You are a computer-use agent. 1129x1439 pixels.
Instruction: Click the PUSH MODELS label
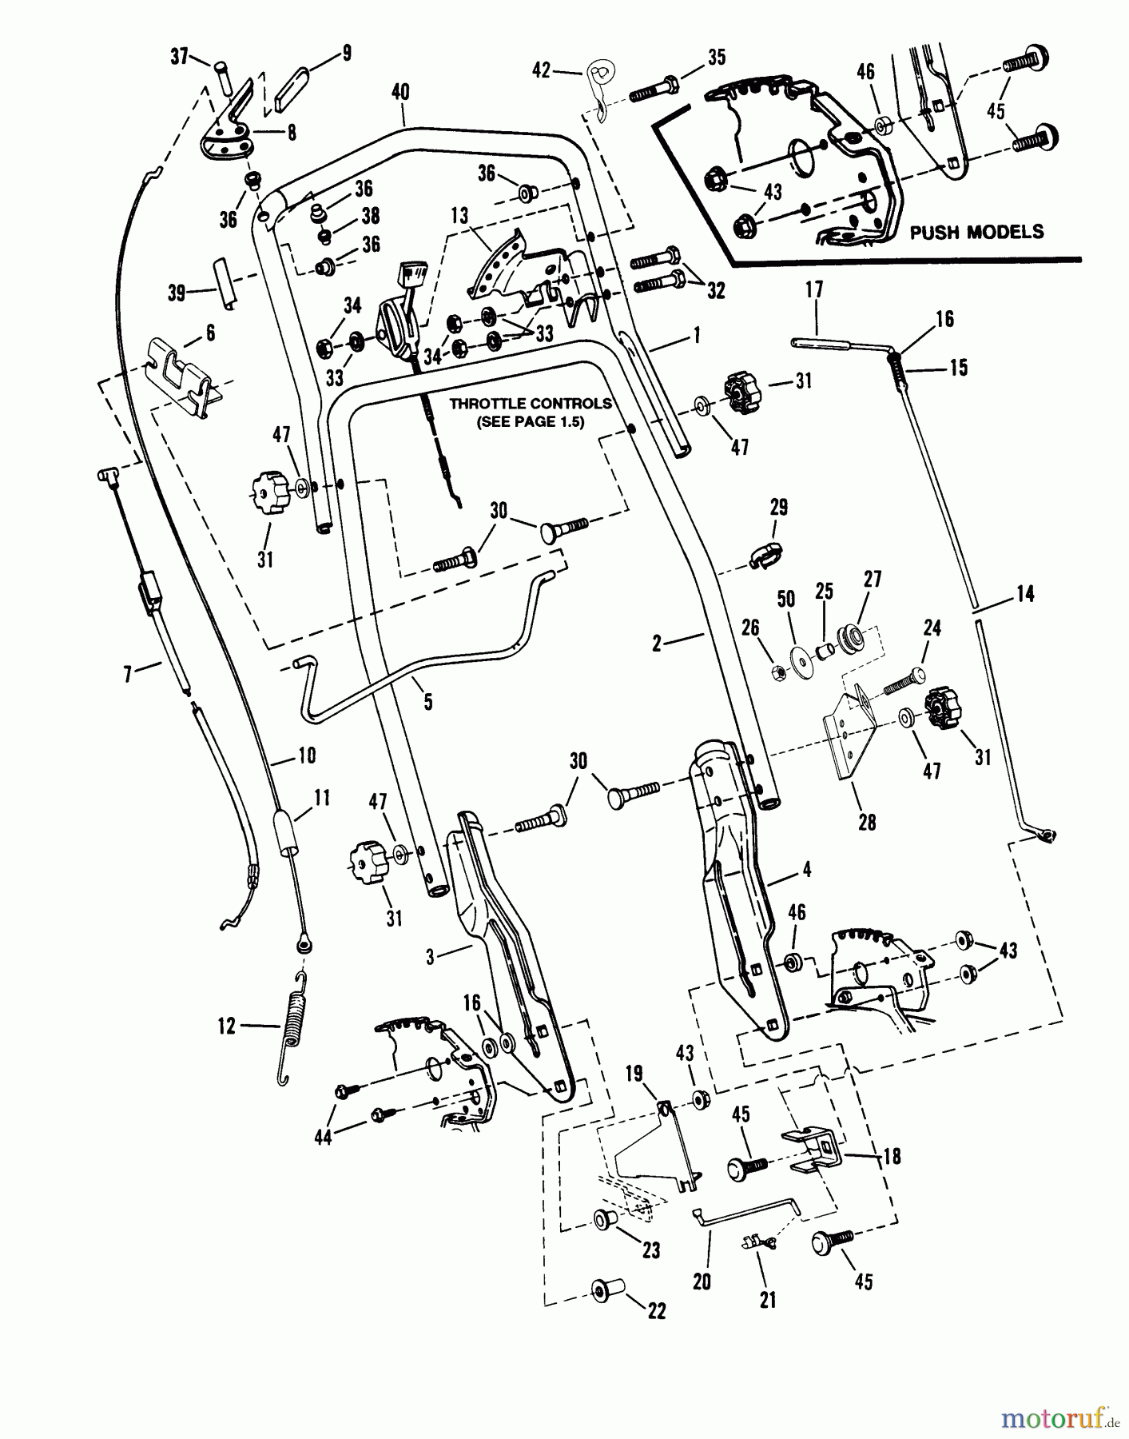click(976, 233)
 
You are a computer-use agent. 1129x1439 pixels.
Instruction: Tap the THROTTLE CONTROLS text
click(531, 413)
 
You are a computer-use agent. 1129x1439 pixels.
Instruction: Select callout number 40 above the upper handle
click(400, 92)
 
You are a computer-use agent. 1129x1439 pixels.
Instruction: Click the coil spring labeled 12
click(291, 1027)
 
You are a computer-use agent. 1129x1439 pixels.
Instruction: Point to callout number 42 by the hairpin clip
click(541, 71)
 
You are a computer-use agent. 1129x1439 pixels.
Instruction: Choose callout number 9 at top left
click(345, 54)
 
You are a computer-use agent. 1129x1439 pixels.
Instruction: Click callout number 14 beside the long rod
click(1025, 594)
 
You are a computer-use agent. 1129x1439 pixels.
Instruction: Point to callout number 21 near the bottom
click(767, 1301)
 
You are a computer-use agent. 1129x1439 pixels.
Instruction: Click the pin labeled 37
click(223, 70)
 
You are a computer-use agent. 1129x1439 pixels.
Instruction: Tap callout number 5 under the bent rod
click(427, 702)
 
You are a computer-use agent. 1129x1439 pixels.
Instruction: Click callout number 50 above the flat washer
click(785, 599)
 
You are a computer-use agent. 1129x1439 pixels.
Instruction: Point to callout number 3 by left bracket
click(430, 956)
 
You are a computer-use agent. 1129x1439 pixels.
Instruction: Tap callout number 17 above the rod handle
click(813, 289)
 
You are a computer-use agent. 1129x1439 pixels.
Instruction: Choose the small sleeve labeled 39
click(224, 281)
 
